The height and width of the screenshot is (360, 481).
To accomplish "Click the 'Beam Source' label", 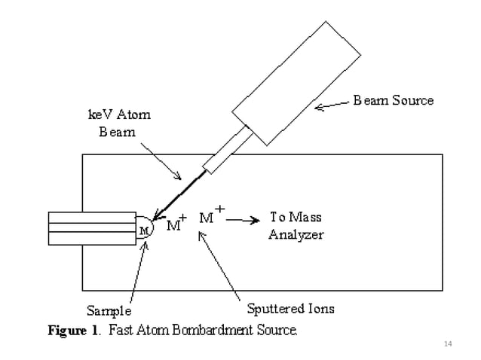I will pos(394,100).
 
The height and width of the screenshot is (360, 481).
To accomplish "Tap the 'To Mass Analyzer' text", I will pos(296,226).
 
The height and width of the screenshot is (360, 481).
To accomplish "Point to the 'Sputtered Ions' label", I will pos(290,308).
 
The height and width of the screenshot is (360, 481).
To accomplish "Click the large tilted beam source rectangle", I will pos(296,83).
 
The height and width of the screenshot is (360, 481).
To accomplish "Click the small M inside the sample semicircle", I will pos(142,228).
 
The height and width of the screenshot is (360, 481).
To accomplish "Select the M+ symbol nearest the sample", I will pos(175,224).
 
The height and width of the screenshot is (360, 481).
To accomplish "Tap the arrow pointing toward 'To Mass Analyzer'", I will pos(243,221).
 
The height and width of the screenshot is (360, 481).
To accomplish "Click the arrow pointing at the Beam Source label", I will pos(332,105).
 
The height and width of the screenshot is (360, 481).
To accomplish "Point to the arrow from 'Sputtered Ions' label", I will pos(219,264).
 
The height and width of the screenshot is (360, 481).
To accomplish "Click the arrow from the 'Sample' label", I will pos(138,271).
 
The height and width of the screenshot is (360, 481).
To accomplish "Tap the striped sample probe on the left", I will pos(90,228).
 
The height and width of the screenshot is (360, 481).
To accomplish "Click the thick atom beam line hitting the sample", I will pos(181,195).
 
